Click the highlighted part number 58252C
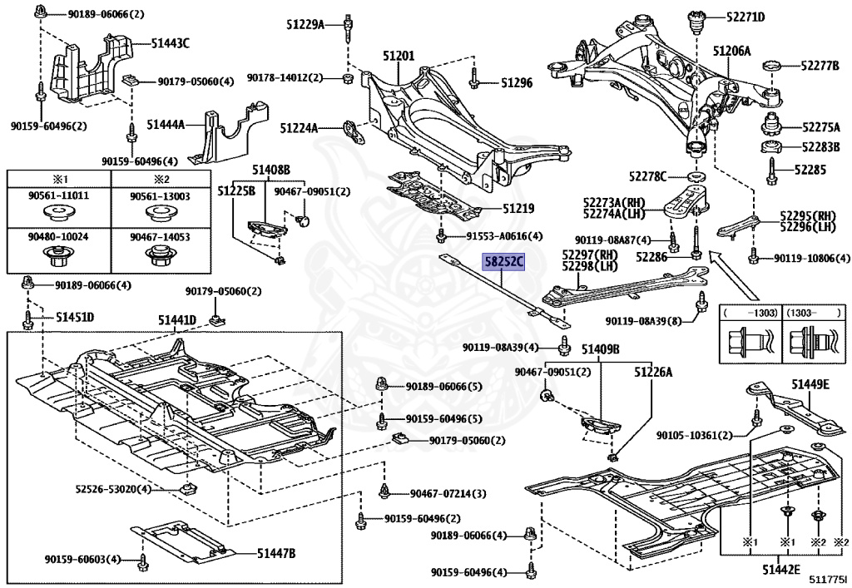[x=504, y=262]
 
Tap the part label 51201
[x=399, y=56]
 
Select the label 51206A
[x=731, y=51]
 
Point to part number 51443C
[x=170, y=43]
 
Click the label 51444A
[x=166, y=125]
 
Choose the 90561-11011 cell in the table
[x=59, y=207]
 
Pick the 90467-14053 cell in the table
[x=161, y=251]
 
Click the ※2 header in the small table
[x=161, y=179]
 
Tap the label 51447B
[x=276, y=553]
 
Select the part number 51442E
[x=780, y=570]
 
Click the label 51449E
[x=810, y=385]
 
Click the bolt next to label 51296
[x=473, y=79]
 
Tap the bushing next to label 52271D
[x=696, y=21]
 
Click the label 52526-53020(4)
[x=113, y=489]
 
